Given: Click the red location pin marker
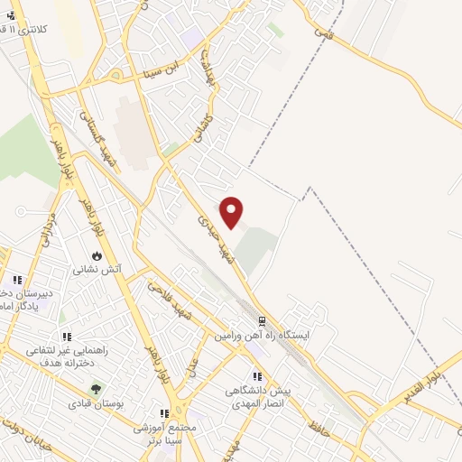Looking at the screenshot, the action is pos(233,211).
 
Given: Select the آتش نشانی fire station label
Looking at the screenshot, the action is pos(97,269).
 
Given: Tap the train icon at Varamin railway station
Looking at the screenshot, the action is pos(262,320).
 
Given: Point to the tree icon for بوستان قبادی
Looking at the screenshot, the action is pos(94,391).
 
